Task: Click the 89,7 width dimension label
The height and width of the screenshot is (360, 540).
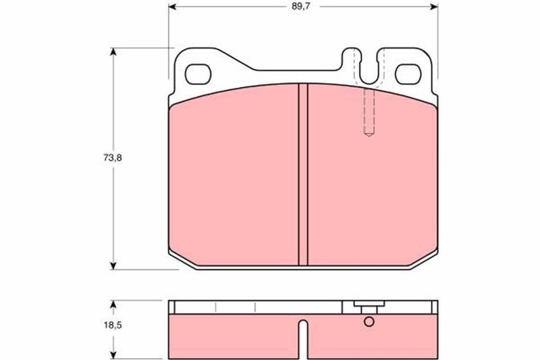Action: tap(301, 7)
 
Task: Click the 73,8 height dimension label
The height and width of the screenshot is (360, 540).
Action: tap(113, 158)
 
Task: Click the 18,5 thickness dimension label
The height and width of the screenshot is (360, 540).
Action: tap(113, 325)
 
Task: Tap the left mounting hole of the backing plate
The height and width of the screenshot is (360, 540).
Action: tap(198, 74)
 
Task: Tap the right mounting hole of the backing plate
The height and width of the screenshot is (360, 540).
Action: tap(408, 74)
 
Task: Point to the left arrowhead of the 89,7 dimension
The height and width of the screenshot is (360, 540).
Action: tap(173, 7)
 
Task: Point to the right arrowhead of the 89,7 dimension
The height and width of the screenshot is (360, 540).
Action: tap(434, 7)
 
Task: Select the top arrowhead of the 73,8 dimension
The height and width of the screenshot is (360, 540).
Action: tap(113, 52)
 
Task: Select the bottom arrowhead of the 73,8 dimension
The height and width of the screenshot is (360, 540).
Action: tap(113, 265)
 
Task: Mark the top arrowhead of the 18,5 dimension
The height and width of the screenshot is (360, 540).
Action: tap(113, 304)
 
